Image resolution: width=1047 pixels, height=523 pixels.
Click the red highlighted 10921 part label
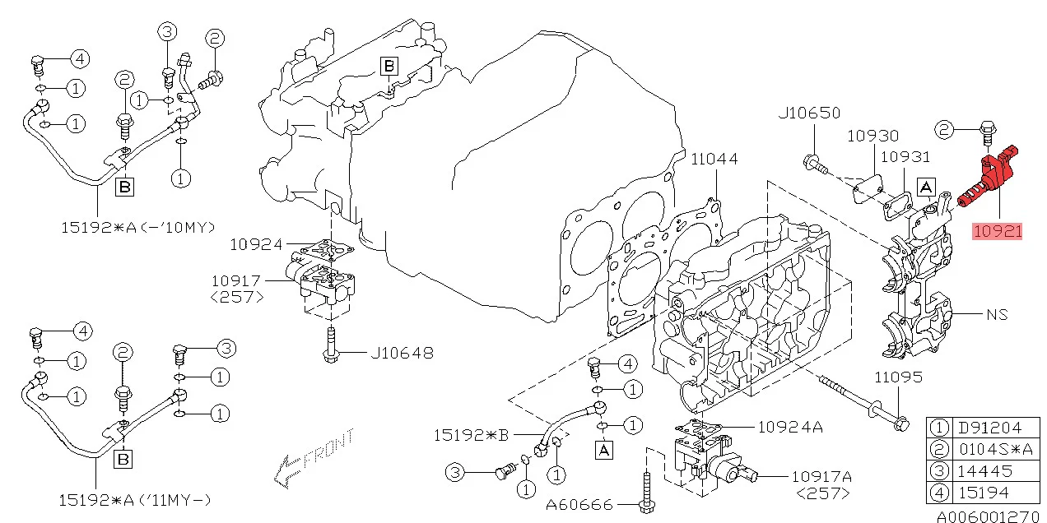tap(997, 231)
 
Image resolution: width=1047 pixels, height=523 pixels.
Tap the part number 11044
tap(714, 159)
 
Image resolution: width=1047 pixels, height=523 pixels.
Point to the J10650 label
tap(809, 113)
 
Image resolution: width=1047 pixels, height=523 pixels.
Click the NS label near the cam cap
tap(997, 314)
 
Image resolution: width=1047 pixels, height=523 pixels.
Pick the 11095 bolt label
tap(898, 377)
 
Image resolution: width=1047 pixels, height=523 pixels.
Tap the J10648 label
tap(402, 354)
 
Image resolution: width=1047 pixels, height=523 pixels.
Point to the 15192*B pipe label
tap(471, 433)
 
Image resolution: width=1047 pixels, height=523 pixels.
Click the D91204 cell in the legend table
tap(989, 428)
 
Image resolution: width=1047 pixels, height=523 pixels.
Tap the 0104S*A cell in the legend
tap(993, 450)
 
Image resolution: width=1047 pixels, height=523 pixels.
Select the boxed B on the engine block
tap(389, 66)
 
